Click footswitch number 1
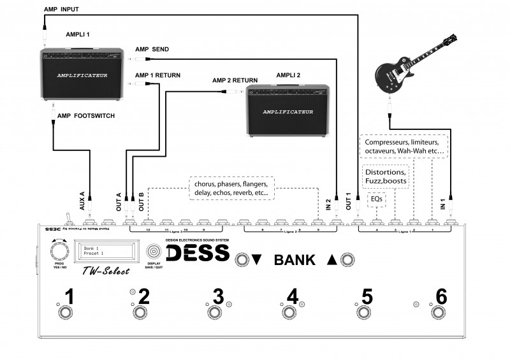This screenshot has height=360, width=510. pyautogui.click(x=64, y=313)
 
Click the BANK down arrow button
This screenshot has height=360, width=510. pyautogui.click(x=242, y=259)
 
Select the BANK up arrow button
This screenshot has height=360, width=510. pyautogui.click(x=347, y=259)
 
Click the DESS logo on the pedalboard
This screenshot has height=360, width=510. pyautogui.click(x=198, y=252)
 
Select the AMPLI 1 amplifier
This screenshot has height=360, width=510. pyautogui.click(x=80, y=73)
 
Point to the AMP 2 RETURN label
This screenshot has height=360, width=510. pyautogui.click(x=235, y=80)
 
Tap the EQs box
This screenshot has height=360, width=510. pyautogui.click(x=376, y=199)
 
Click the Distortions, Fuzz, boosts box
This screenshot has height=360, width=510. pyautogui.click(x=384, y=176)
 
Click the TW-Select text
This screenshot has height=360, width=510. pyautogui.click(x=106, y=271)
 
